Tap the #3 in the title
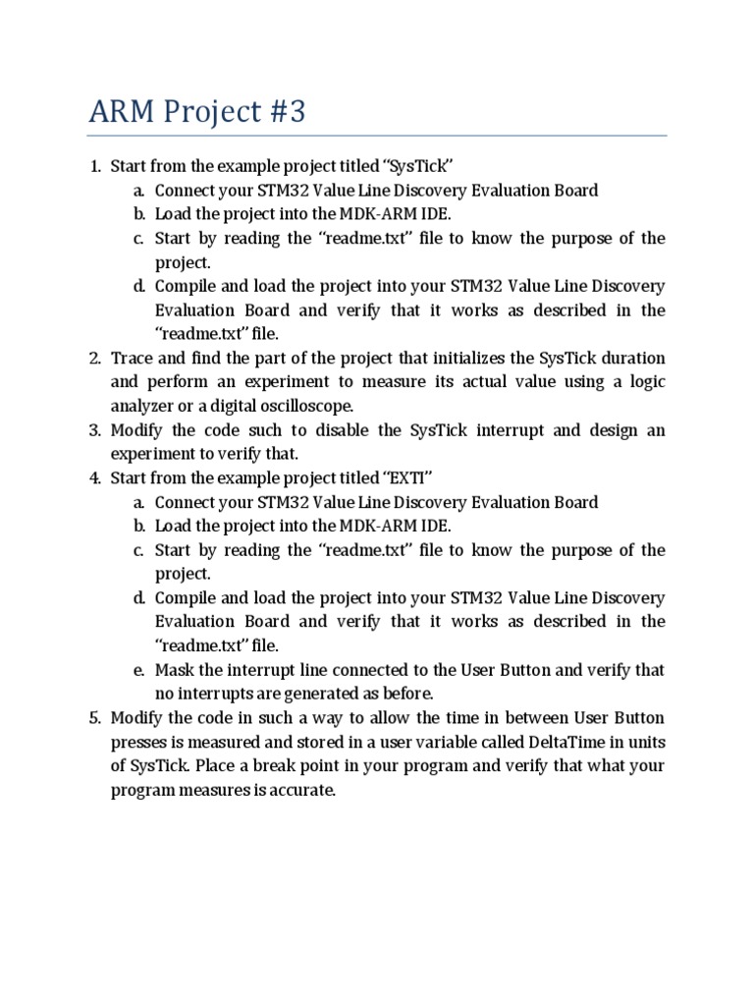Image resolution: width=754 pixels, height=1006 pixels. [x=284, y=112]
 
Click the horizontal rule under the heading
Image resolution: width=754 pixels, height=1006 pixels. [x=377, y=136]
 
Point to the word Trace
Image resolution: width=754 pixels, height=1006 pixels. [x=133, y=359]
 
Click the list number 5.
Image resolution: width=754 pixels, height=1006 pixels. [x=94, y=718]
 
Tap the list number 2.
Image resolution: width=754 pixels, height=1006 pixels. [x=94, y=359]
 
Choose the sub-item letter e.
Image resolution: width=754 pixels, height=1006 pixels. [x=139, y=670]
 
